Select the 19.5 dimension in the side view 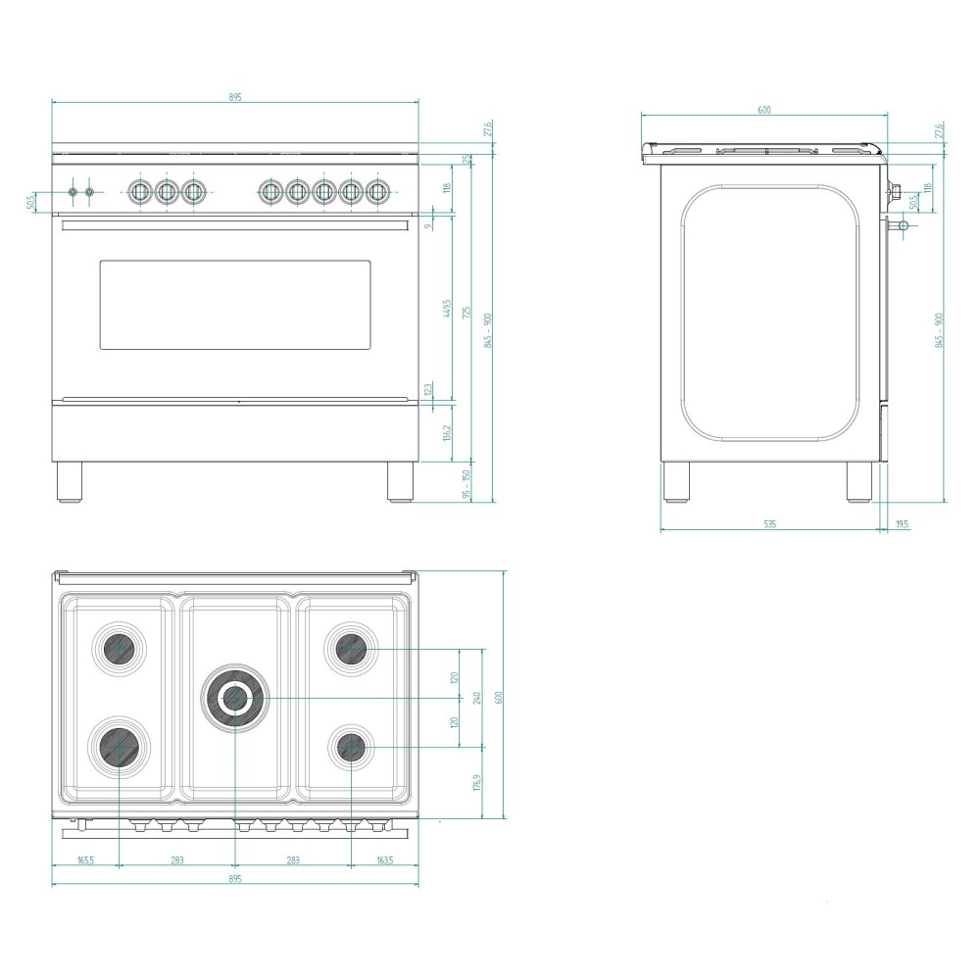902,525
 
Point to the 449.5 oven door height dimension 447,309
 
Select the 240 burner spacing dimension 477,698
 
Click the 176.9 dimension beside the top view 477,783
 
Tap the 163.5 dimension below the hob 384,860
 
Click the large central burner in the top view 234,698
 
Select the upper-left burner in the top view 119,648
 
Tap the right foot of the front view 400,481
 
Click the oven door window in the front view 235,305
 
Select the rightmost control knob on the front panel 376,191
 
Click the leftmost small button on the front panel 73,192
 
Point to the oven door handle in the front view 235,224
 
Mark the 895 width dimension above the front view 235,97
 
